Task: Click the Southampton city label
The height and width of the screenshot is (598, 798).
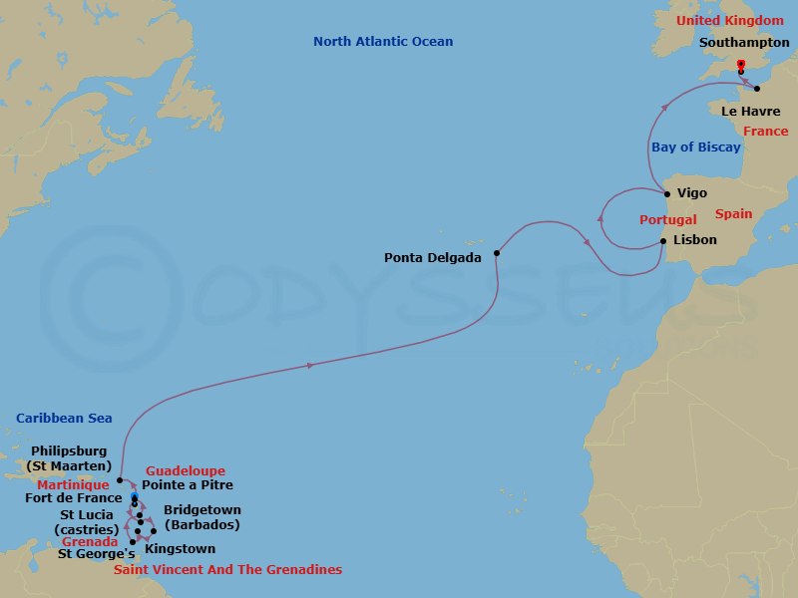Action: click(744, 43)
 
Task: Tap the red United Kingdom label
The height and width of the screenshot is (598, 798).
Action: click(729, 21)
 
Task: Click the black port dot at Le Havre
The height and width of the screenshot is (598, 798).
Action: click(757, 89)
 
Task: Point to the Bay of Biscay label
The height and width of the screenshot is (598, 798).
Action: click(696, 148)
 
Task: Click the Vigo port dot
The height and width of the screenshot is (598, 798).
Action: click(667, 194)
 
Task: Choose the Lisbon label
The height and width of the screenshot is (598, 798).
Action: click(694, 240)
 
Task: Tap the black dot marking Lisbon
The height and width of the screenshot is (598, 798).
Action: click(663, 240)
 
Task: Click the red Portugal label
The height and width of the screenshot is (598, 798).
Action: click(667, 219)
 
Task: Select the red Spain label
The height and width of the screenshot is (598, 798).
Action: click(733, 214)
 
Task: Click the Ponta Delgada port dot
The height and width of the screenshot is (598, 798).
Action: click(496, 253)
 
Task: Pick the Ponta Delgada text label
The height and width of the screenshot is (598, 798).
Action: click(433, 257)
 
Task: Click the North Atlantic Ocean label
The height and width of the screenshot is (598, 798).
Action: click(383, 42)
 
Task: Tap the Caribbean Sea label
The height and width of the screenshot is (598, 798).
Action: click(64, 419)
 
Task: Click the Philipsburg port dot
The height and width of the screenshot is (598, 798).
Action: click(120, 480)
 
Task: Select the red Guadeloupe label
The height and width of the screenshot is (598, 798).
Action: click(186, 470)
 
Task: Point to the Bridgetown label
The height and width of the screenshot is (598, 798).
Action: click(201, 516)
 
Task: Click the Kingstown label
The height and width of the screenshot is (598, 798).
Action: click(180, 548)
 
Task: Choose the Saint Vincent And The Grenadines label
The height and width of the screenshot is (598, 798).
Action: click(227, 570)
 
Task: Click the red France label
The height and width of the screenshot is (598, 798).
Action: click(765, 132)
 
